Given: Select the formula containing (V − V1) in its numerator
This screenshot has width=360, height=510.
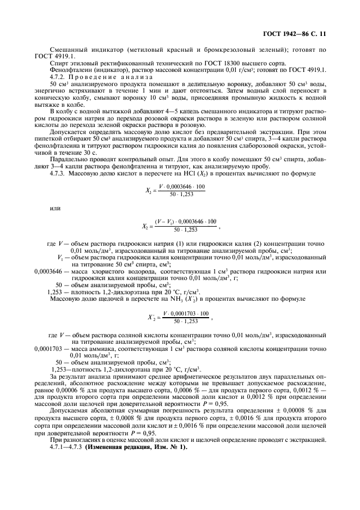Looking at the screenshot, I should click(x=181, y=226).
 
